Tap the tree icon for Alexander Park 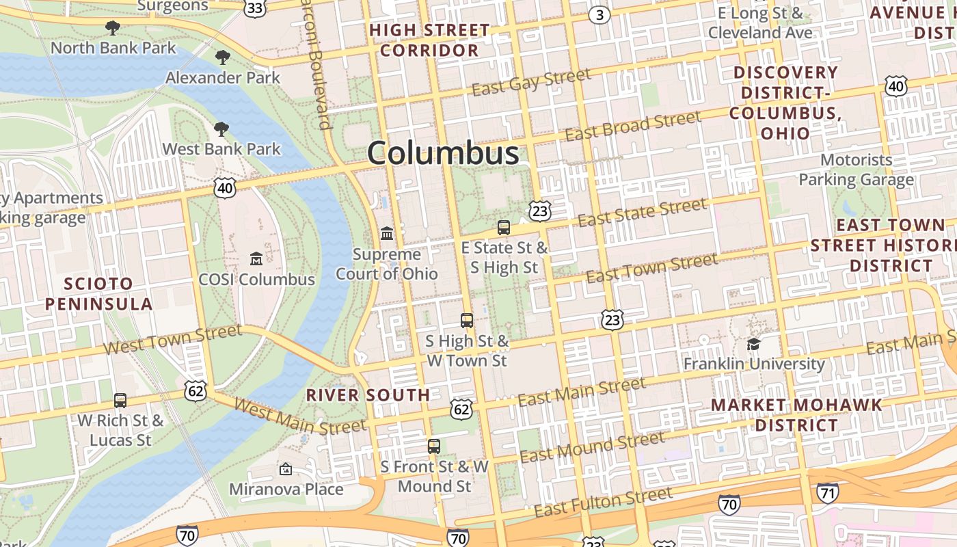[222, 57]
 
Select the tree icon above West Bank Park [221, 129]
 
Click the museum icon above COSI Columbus [256, 258]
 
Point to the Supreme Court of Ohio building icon [387, 234]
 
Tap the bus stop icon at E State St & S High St [504, 228]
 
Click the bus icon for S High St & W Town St [467, 320]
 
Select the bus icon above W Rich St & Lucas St [120, 400]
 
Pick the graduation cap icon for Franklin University [754, 343]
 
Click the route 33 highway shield [254, 8]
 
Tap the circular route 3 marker [599, 15]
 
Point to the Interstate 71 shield [827, 492]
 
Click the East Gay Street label [531, 83]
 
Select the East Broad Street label [632, 126]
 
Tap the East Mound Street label [592, 446]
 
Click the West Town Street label [172, 340]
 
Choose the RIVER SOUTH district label [368, 395]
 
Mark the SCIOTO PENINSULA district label [99, 293]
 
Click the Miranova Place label [286, 489]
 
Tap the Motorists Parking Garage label [857, 170]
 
